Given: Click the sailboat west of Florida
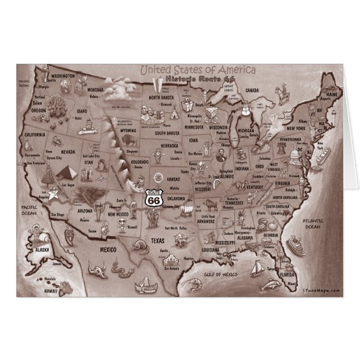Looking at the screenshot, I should point(256,269).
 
